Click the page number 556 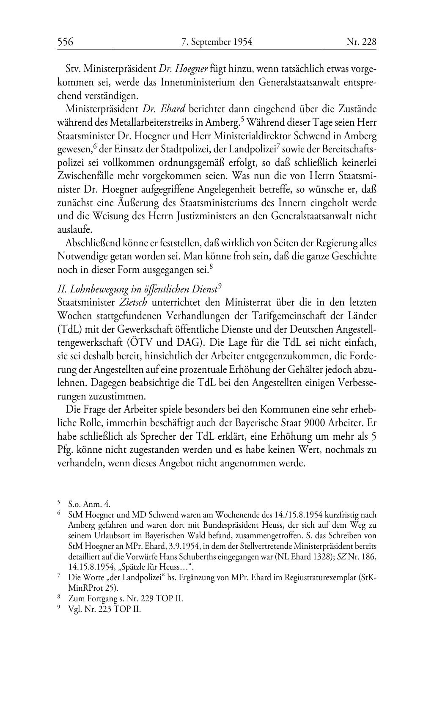[66, 42]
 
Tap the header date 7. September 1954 [217, 42]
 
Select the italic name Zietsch [131, 303]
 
